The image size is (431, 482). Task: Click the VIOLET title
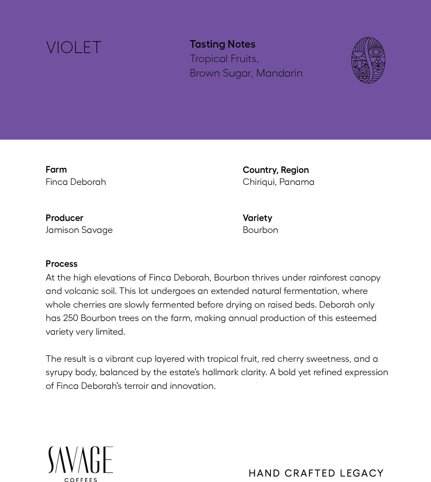tap(74, 48)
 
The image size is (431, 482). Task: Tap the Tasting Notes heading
tap(223, 44)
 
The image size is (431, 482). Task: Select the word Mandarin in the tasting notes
tap(279, 73)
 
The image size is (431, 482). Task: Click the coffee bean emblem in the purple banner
tap(368, 60)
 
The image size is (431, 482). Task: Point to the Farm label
tap(56, 169)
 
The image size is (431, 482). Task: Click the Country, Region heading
tap(276, 170)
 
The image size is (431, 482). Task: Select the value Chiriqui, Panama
tap(278, 182)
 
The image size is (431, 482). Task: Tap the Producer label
tap(64, 218)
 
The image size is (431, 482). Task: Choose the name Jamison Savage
tap(79, 230)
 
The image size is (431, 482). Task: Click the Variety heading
tap(257, 218)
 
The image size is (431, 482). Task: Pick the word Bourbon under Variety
tap(260, 230)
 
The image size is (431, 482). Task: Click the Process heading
tap(61, 264)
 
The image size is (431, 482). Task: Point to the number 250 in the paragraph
tap(70, 318)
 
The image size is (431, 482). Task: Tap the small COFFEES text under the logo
tap(81, 479)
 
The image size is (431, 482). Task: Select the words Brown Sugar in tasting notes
tap(221, 73)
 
